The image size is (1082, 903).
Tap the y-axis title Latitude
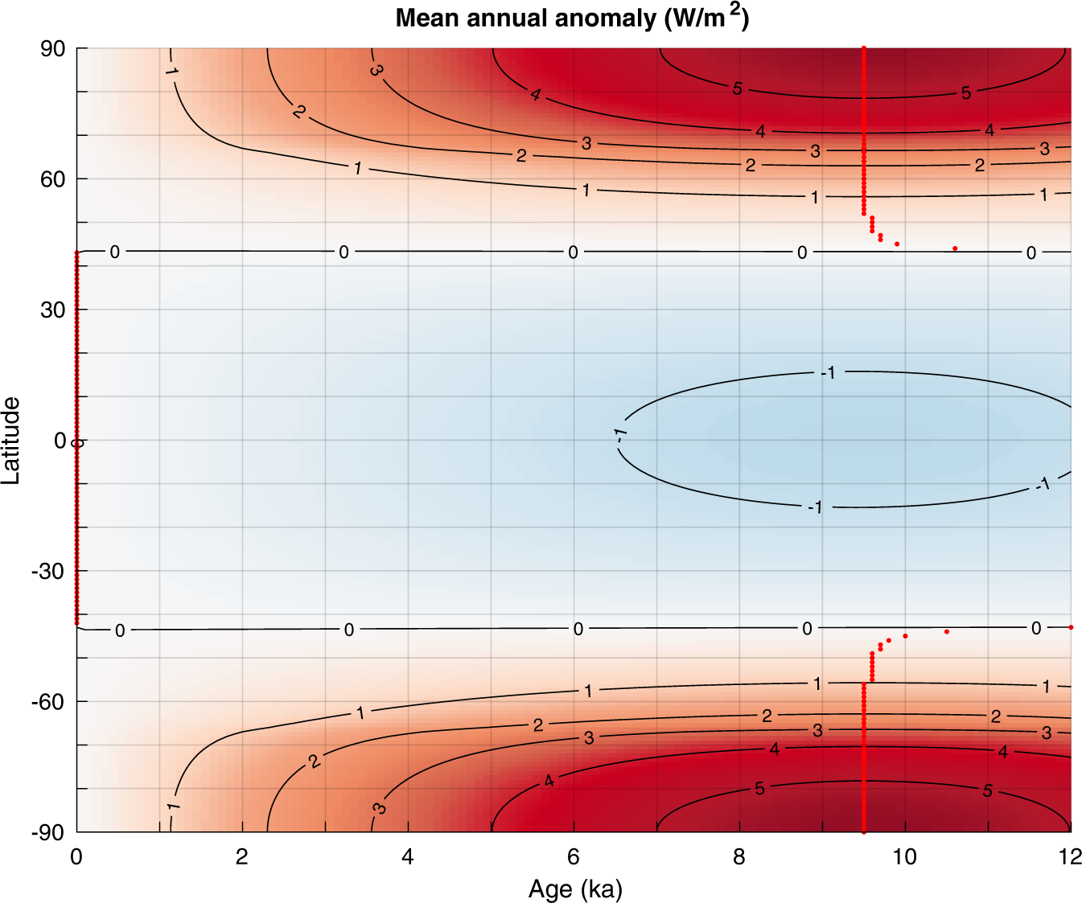point(10,440)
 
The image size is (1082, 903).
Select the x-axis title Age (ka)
point(575,889)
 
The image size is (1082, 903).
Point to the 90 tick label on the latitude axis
point(53,49)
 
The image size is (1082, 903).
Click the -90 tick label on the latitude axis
point(48,832)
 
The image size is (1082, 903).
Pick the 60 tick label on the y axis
point(53,179)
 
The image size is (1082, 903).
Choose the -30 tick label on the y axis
point(48,571)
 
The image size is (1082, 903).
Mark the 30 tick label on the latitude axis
point(53,310)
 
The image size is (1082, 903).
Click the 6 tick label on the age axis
point(574,857)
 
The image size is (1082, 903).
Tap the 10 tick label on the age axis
point(904,857)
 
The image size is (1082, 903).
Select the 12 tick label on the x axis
point(1070,857)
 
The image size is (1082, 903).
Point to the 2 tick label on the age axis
point(242,857)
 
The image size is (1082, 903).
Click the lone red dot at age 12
point(1071,627)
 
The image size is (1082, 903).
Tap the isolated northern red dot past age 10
point(955,248)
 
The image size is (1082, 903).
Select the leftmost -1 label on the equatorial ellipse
point(620,434)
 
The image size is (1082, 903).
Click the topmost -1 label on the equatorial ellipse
point(828,372)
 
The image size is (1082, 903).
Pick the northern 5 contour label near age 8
point(737,89)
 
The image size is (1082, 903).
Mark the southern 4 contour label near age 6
point(549,781)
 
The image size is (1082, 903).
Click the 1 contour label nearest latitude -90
point(173,807)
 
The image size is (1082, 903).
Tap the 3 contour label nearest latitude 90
point(376,71)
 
